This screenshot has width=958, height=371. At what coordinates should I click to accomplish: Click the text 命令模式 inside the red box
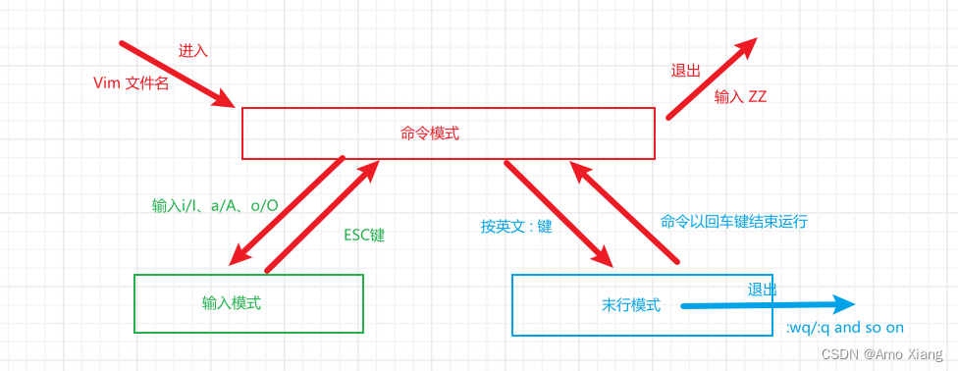click(x=430, y=133)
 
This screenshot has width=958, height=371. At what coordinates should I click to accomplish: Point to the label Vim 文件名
click(x=131, y=83)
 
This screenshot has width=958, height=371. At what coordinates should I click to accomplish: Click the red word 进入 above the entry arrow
click(x=192, y=50)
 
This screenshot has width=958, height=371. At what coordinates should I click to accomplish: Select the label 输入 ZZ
click(x=740, y=96)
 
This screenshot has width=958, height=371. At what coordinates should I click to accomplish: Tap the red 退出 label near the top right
click(x=685, y=71)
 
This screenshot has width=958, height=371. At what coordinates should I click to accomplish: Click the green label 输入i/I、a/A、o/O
click(x=215, y=205)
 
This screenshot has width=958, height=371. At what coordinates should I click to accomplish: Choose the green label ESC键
click(x=363, y=236)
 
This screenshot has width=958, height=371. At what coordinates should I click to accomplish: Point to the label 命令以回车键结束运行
click(x=734, y=221)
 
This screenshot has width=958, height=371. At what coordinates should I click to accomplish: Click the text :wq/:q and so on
click(x=844, y=328)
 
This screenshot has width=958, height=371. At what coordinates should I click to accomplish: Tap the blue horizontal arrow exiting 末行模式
click(x=766, y=305)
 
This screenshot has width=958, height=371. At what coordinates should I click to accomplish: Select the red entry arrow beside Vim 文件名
click(x=177, y=74)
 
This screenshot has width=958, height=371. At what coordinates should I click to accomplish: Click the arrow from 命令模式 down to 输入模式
click(x=286, y=209)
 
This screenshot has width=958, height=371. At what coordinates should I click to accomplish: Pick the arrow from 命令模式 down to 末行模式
click(x=558, y=211)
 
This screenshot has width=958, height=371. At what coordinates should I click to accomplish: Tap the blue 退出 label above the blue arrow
click(x=762, y=290)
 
